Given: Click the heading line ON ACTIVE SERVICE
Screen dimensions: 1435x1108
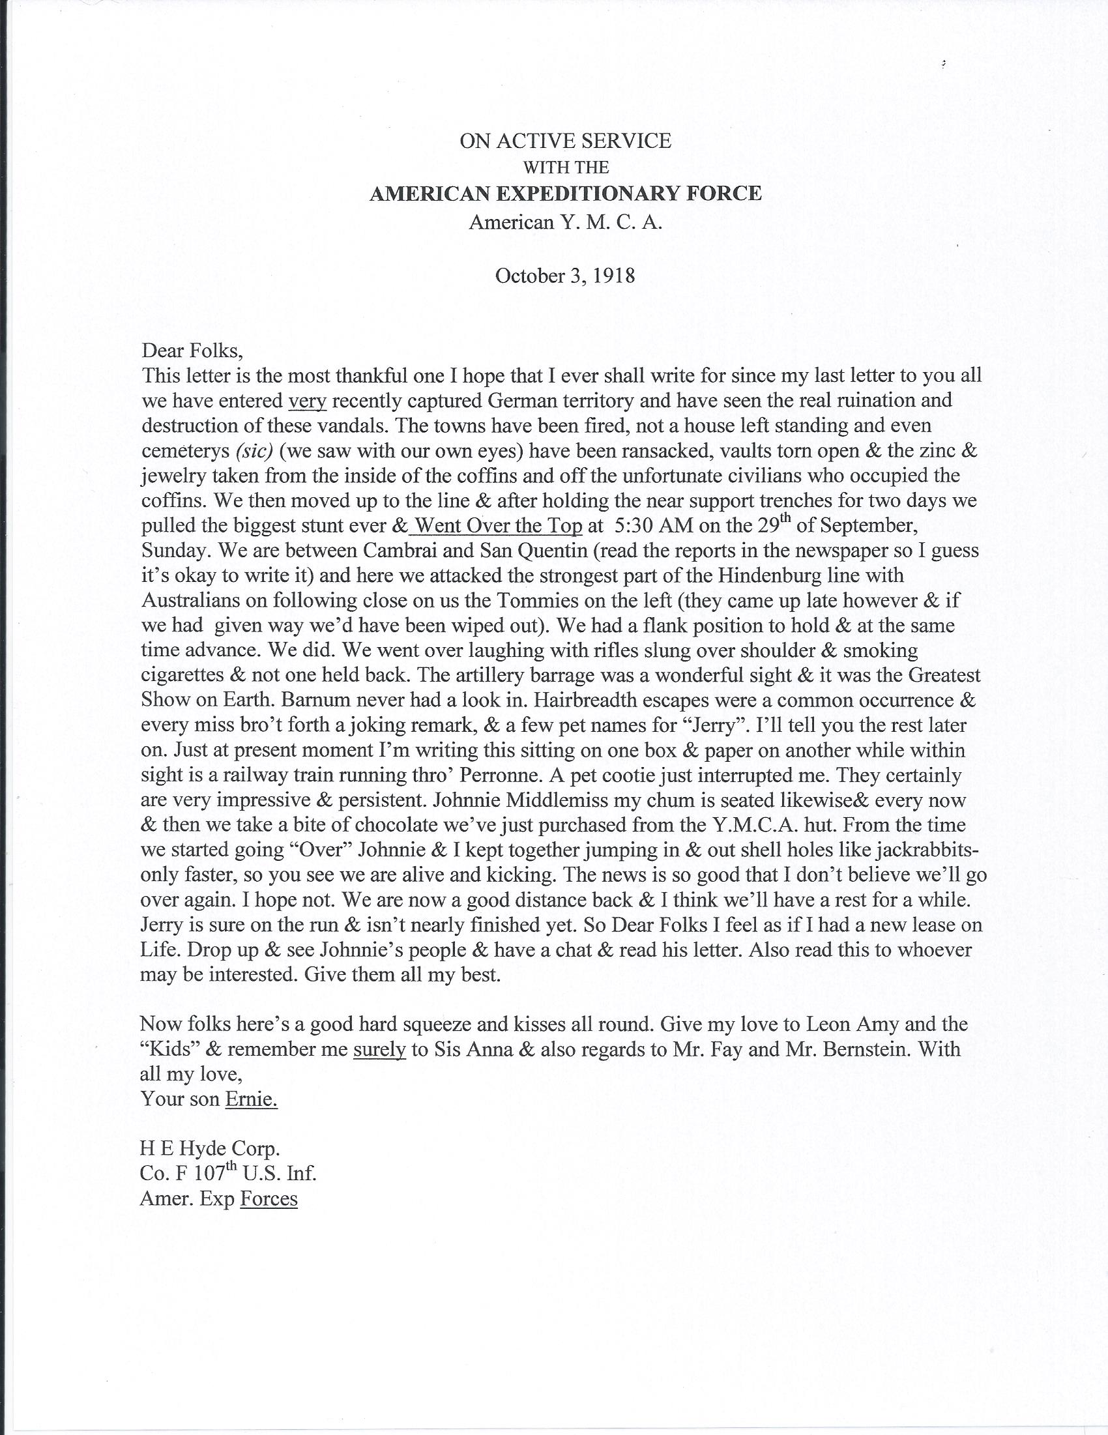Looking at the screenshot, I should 565,141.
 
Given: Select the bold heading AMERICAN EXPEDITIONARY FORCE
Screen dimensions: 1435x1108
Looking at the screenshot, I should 565,194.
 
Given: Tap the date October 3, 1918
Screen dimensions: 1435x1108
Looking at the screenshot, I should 565,275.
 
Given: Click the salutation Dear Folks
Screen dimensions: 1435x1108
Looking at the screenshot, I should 192,350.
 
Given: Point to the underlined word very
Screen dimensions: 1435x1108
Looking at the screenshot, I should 308,400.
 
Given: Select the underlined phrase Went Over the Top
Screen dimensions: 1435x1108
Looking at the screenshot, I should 499,526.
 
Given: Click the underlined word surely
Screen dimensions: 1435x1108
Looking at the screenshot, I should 379,1049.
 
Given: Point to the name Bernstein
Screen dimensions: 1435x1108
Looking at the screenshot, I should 857,1049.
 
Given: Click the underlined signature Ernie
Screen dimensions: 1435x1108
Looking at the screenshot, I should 251,1099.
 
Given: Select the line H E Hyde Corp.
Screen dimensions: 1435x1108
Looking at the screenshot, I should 211,1148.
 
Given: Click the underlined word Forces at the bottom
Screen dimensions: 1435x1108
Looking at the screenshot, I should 269,1198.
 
